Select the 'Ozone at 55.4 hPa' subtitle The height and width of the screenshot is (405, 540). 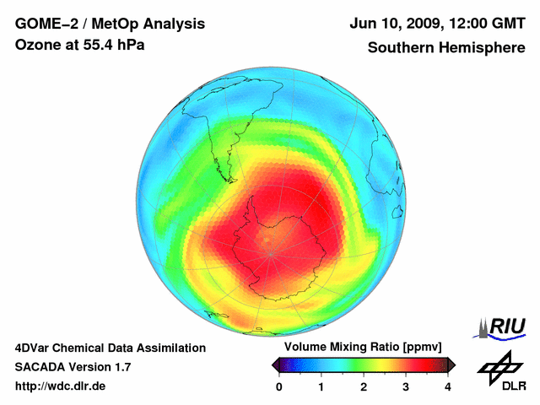point(79,44)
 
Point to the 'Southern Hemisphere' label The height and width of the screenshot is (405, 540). point(446,48)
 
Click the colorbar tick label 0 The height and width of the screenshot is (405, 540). point(279,386)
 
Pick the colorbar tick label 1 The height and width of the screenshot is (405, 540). point(321,386)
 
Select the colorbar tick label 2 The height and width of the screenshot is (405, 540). point(364,386)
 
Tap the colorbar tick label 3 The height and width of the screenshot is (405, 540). point(406,386)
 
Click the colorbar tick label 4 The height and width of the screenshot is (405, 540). point(448,386)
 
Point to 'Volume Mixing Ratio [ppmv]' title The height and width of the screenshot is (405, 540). point(364,347)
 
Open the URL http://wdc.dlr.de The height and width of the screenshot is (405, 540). point(61,386)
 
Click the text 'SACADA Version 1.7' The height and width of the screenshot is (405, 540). point(73,367)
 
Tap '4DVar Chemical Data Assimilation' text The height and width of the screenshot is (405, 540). point(110,348)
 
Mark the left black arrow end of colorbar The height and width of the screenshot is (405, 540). point(276,364)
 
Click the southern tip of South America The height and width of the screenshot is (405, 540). point(226,179)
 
